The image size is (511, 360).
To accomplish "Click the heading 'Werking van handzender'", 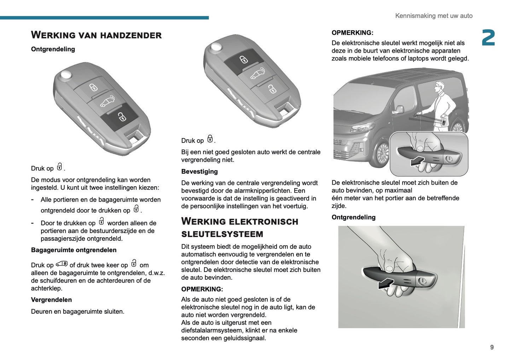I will click(x=96, y=35).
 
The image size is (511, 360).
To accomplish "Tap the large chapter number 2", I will click(x=488, y=38).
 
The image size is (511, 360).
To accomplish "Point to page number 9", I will click(x=492, y=347).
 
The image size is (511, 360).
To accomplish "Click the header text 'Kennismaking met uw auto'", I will click(x=434, y=16).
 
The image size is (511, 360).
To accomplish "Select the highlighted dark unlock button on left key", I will click(x=120, y=116).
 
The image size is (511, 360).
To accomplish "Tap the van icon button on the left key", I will click(x=107, y=101).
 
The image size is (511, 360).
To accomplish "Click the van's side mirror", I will click(x=399, y=110).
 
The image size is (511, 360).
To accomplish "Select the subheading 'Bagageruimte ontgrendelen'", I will click(x=74, y=250).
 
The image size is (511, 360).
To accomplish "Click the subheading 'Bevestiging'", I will click(x=199, y=172).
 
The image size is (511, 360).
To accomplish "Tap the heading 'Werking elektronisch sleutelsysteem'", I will click(x=239, y=227).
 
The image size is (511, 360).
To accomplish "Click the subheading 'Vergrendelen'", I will click(x=51, y=300).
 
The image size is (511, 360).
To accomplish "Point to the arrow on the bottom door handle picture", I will click(x=386, y=283).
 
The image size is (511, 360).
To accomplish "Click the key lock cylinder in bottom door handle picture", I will click(x=422, y=281).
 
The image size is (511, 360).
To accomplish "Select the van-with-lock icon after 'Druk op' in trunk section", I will click(x=62, y=264).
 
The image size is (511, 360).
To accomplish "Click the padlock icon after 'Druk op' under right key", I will click(x=210, y=139).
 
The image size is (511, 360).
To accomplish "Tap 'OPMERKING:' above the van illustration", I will click(x=352, y=33).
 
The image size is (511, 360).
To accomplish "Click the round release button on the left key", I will click(x=66, y=74).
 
